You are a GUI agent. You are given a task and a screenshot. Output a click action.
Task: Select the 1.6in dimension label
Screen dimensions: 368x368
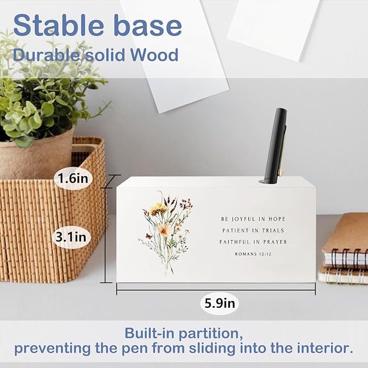click(73, 177)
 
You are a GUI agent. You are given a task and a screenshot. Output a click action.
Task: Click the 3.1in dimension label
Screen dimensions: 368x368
click(73, 236)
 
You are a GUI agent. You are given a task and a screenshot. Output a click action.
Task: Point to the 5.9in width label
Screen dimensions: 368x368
click(221, 303)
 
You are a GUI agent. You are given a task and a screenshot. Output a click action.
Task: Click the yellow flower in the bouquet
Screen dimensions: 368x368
click(158, 208)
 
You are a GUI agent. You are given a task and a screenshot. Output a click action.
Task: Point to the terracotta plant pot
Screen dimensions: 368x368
click(35, 157)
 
